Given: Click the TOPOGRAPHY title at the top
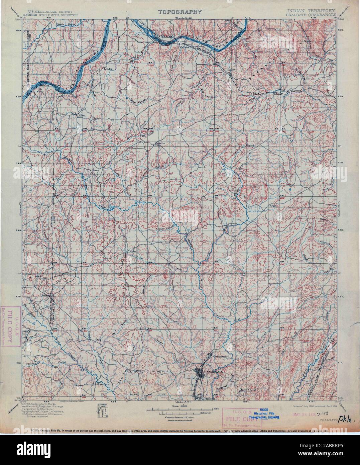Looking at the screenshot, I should (180, 12).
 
